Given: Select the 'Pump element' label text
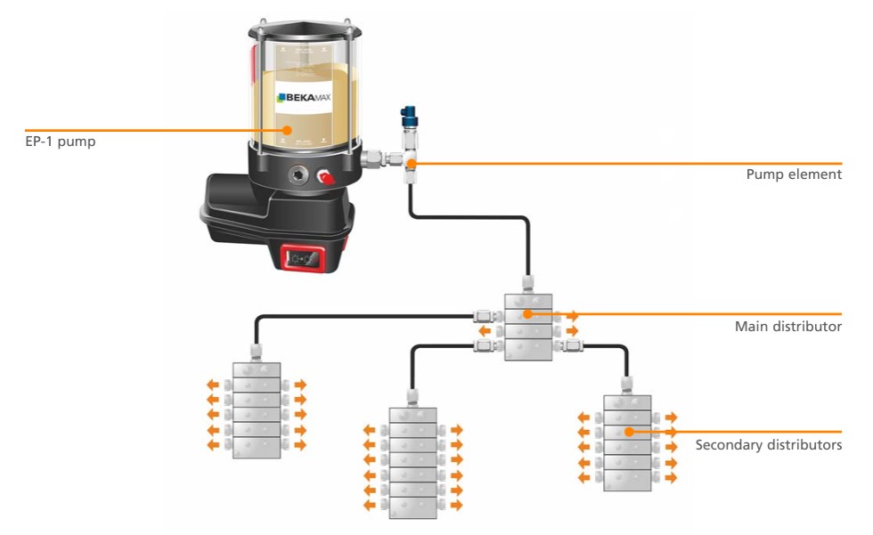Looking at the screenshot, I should (x=793, y=174).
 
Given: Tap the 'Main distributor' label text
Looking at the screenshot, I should (x=787, y=327).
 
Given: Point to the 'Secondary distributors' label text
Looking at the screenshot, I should (x=768, y=444).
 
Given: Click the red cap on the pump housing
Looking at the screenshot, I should (x=327, y=178).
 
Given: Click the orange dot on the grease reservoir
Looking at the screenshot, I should (x=288, y=130).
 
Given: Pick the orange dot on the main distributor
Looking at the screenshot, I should (x=528, y=314).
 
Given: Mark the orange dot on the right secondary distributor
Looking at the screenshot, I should (x=628, y=432).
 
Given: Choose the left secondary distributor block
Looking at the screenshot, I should (x=257, y=410).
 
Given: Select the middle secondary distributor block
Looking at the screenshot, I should (x=413, y=458).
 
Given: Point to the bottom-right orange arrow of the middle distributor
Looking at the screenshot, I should (x=457, y=505).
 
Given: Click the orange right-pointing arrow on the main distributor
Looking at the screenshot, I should (x=572, y=315).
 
